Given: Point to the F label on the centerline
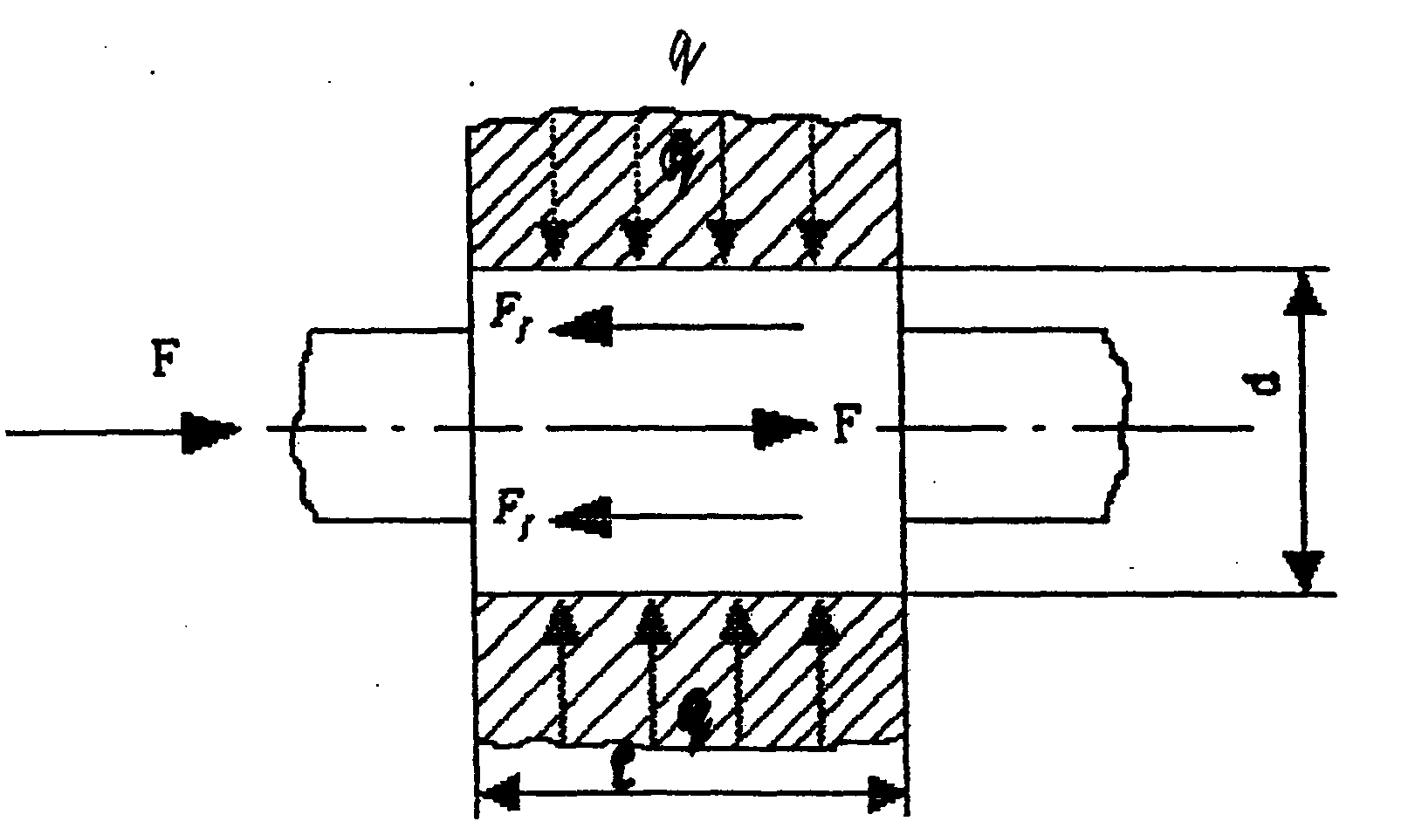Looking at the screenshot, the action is (x=841, y=428).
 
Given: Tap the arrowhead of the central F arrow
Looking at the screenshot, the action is (x=782, y=428).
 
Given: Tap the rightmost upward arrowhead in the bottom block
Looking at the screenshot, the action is (x=820, y=622).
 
